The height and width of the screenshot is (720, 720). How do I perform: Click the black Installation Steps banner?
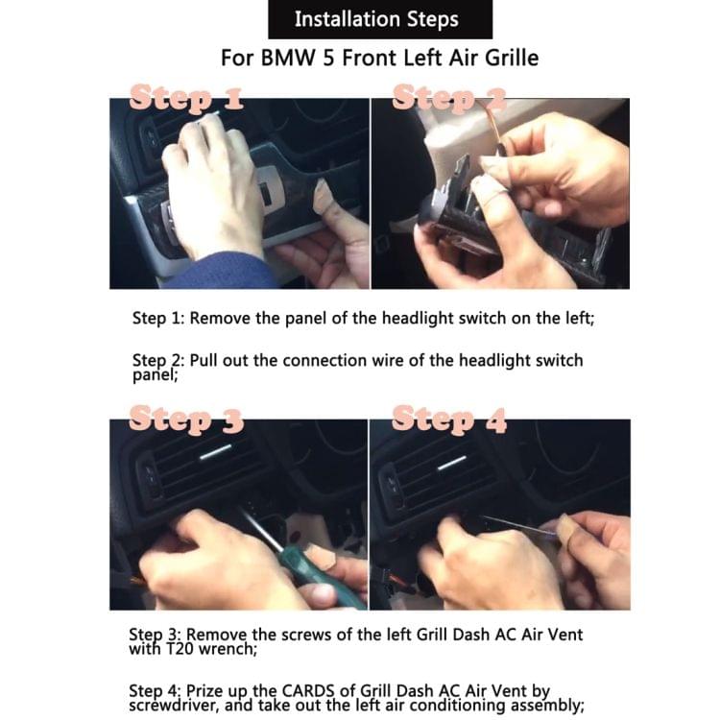(380, 19)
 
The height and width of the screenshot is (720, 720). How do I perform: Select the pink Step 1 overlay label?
(186, 97)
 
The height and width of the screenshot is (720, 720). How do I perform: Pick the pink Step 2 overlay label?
(449, 97)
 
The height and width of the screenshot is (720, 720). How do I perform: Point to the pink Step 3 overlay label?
(186, 419)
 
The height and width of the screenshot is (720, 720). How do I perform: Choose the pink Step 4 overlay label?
(449, 419)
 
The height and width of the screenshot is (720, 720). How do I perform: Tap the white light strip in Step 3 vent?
(215, 452)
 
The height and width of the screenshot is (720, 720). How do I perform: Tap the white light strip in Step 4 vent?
(452, 464)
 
